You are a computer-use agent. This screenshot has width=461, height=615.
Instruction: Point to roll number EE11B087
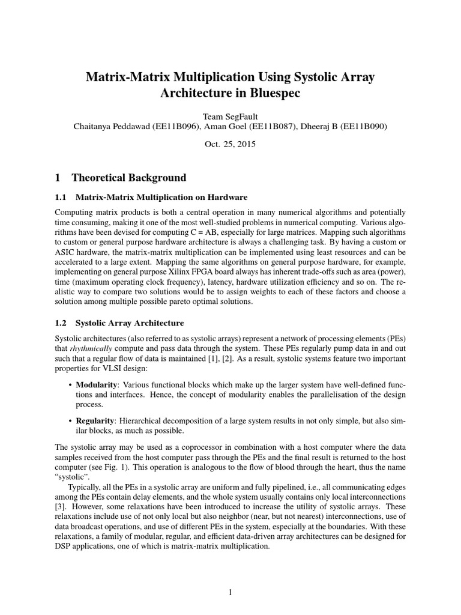click(278, 126)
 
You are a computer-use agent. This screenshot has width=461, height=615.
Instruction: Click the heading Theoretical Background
click(128, 178)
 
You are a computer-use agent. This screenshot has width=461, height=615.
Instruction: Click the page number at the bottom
click(230, 592)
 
